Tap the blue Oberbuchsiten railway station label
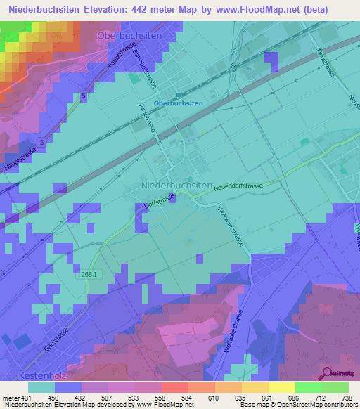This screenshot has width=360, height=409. click(178, 103)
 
